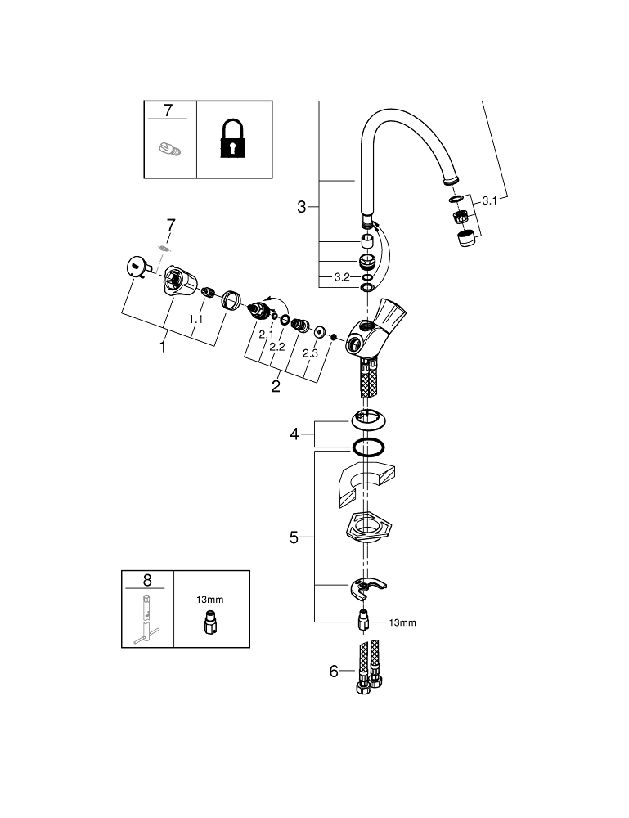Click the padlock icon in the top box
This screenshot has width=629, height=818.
tap(232, 139)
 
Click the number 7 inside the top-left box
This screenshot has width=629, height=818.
tap(168, 110)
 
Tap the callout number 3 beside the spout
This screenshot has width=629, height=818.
tap(302, 208)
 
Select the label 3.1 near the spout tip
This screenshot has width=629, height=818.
tap(489, 200)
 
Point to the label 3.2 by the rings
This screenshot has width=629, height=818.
tap(341, 278)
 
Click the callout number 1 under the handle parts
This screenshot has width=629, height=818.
tap(163, 347)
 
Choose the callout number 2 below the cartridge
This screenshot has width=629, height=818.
tap(276, 385)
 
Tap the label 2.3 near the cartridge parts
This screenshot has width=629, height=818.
tap(310, 353)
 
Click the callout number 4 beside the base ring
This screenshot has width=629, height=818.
tap(295, 434)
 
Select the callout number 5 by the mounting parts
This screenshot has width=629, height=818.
tap(294, 537)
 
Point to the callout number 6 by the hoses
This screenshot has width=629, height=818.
tap(333, 672)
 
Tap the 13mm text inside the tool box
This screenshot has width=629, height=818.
tap(209, 600)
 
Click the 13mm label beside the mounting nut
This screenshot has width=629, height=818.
tap(402, 623)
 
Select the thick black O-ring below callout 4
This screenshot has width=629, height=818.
tap(368, 447)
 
